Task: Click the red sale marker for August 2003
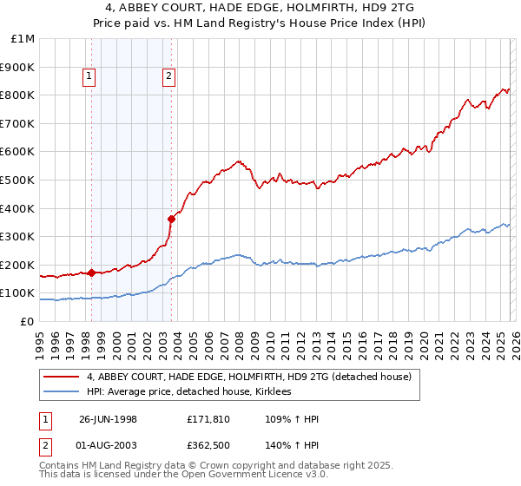pos(171,219)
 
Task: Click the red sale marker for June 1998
pos(92,273)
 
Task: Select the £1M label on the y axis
pos(23,39)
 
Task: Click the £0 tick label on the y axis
pos(28,321)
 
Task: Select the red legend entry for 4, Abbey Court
pos(254,377)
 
